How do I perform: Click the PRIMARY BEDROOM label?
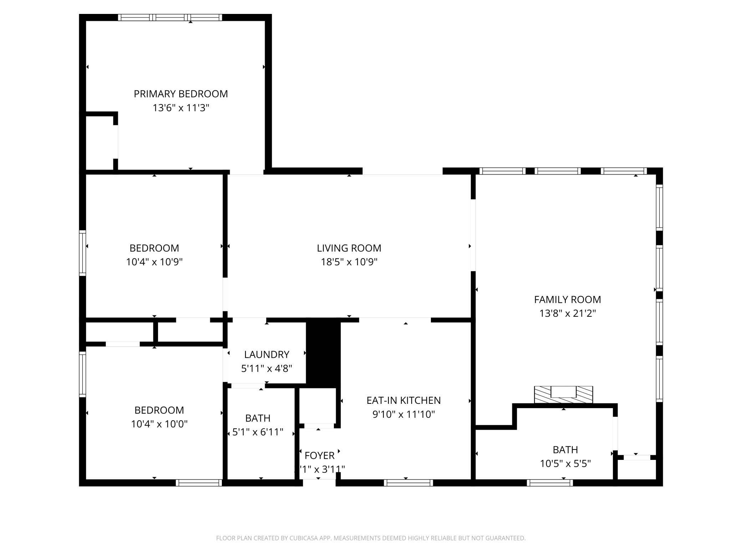[x=181, y=94]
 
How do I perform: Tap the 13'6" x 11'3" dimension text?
[x=181, y=108]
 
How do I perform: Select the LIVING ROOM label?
[x=349, y=248]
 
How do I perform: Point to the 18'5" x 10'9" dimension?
[x=349, y=262]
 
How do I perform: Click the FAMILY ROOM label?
[x=567, y=300]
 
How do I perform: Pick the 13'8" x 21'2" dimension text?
[x=567, y=313]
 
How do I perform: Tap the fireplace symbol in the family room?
[x=563, y=394]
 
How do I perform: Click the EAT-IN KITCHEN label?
[x=403, y=401]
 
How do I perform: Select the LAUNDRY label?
[x=266, y=355]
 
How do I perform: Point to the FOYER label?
[x=319, y=456]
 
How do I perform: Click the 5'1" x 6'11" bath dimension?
[x=258, y=432]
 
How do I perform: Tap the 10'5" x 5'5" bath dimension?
[x=565, y=464]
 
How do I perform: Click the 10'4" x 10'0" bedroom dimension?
[x=159, y=424]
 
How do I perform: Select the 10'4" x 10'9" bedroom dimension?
[x=154, y=262]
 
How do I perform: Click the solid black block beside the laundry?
[x=323, y=353]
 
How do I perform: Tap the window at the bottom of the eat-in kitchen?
[x=408, y=483]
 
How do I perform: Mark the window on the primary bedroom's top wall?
[x=170, y=17]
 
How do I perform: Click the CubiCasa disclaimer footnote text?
[x=371, y=538]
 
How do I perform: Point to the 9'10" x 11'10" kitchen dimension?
[x=403, y=415]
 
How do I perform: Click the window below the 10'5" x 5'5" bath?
[x=550, y=483]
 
